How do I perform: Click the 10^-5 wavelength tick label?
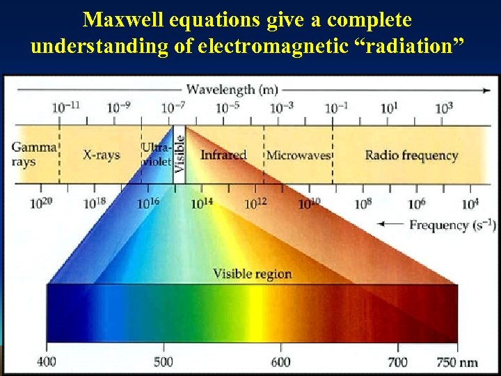coord(227,107)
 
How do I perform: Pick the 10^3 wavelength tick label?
coord(445,107)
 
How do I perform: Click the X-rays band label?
coord(102,154)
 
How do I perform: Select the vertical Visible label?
coord(179,154)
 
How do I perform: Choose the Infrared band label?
coord(223,154)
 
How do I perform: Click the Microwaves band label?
coord(298,155)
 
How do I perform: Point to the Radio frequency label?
coord(411,155)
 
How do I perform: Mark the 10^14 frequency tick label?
coord(202,203)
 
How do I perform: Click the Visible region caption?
coord(252,274)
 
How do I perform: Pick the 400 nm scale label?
coord(46,362)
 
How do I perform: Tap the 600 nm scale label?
coord(280,362)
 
